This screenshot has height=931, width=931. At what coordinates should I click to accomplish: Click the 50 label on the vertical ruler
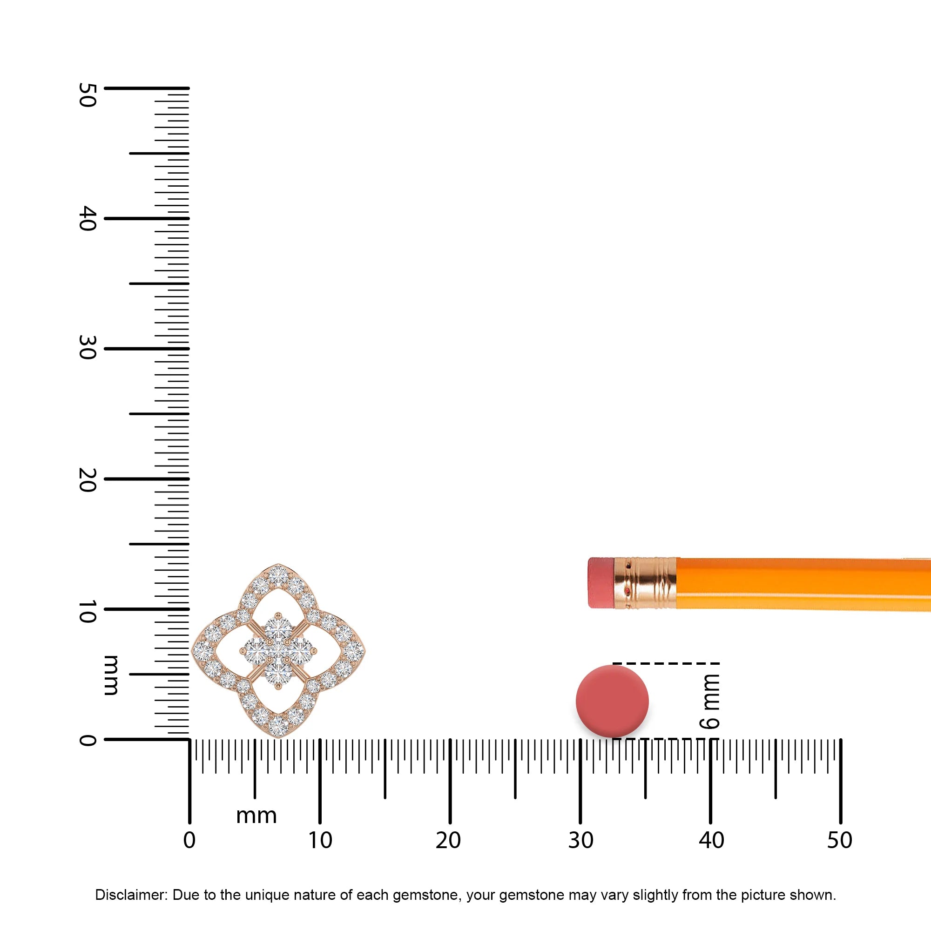(x=87, y=94)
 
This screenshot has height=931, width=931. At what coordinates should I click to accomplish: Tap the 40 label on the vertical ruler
(x=87, y=218)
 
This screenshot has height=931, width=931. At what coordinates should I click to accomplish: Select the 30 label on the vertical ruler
(x=87, y=347)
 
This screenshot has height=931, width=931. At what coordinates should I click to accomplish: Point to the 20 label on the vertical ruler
(x=87, y=479)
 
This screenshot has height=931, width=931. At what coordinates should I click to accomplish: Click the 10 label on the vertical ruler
(x=87, y=611)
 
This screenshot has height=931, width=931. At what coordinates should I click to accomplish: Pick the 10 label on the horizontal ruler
(x=320, y=840)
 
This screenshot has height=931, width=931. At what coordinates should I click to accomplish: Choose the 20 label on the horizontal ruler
(x=448, y=840)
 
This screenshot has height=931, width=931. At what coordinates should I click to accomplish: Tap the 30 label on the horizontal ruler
(x=580, y=840)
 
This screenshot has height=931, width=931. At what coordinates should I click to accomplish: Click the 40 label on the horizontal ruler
(x=711, y=840)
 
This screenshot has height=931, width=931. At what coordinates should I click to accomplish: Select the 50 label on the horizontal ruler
(x=840, y=840)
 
